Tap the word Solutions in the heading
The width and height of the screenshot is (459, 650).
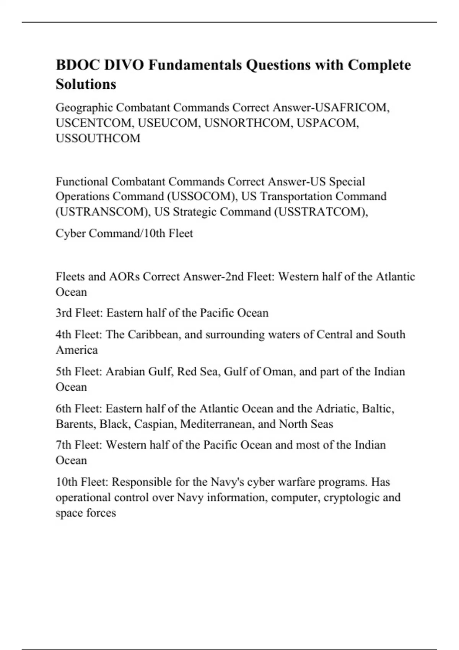click(86, 84)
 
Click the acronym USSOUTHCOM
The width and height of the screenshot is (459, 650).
click(98, 138)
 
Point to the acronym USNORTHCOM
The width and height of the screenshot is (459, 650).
click(247, 123)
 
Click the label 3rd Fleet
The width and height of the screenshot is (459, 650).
click(79, 313)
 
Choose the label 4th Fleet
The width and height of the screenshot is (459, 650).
click(79, 335)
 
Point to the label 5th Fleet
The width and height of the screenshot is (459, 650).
click(79, 372)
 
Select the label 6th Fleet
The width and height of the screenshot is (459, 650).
click(79, 409)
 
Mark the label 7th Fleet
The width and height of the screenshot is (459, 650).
click(79, 445)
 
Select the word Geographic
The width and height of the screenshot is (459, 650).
click(84, 107)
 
